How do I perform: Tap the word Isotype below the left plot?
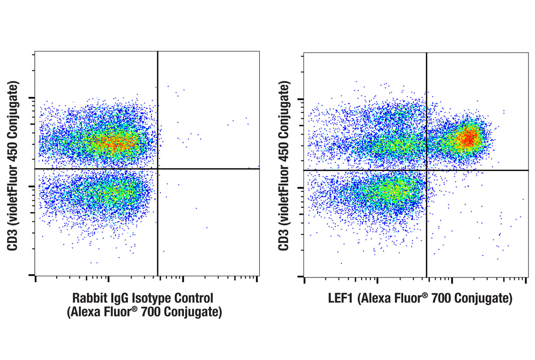tap(147, 298)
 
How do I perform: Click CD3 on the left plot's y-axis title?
tap(14, 239)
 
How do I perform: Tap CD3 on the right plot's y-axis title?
tap(284, 239)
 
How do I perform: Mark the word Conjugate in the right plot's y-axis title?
tap(284, 109)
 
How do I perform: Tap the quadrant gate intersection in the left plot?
tap(158, 169)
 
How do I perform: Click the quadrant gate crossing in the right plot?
tap(427, 170)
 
